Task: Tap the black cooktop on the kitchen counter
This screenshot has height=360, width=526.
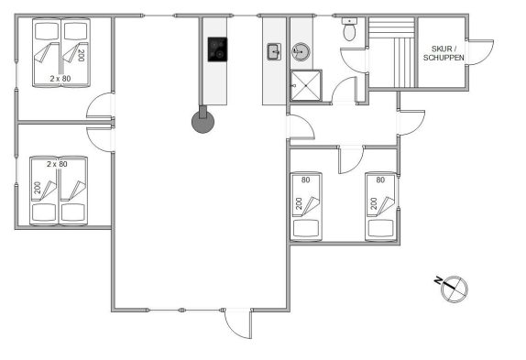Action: pos(217,49)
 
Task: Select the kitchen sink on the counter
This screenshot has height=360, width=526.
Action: pos(274,52)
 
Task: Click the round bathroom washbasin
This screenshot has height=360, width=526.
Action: pos(301,51)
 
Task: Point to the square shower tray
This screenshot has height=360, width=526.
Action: pos(306,85)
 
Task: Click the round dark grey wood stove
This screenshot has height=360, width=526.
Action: pos(203,122)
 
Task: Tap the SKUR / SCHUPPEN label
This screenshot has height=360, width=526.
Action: pos(444,53)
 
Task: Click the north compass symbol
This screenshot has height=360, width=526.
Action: pos(455,289)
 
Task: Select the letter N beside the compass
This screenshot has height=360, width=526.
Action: pos(438,280)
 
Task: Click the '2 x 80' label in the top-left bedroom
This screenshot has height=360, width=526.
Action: pos(60,79)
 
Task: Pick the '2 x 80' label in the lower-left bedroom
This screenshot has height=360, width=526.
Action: pos(57,164)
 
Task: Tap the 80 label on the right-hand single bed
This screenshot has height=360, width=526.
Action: pos(380,180)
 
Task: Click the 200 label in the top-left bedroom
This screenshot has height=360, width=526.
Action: pos(81,55)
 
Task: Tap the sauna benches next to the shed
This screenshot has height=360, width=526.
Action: pos(392,52)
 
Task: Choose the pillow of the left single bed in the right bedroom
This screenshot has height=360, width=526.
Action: pos(305,228)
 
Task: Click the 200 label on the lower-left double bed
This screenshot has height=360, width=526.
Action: pos(38,188)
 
